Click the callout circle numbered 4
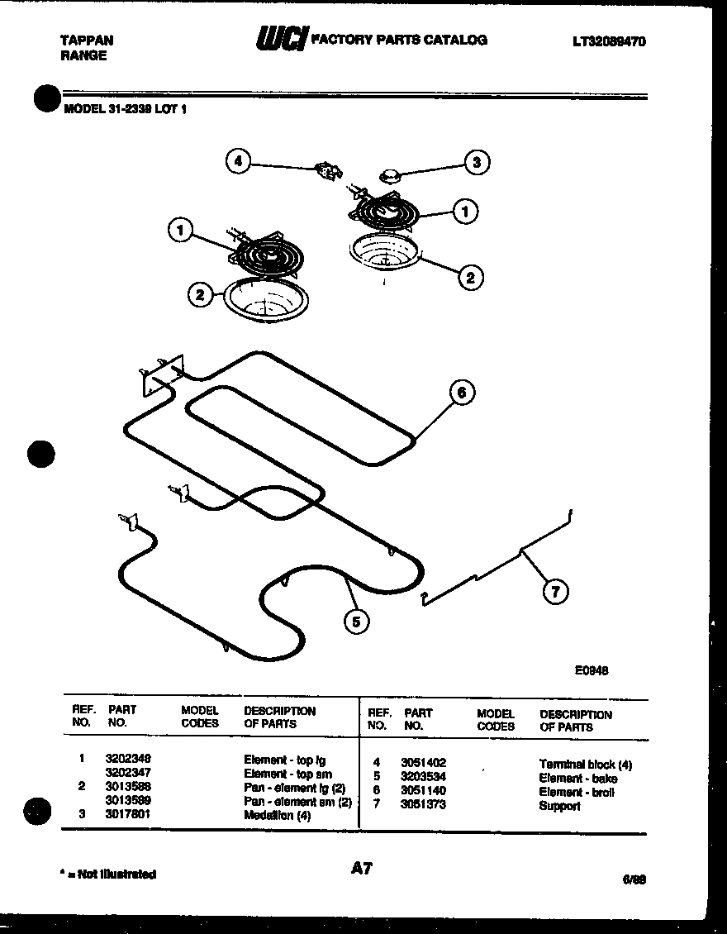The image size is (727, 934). (238, 161)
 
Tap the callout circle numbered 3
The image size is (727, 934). (476, 162)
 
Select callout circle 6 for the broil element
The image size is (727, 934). (462, 393)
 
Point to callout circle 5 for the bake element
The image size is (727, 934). (355, 622)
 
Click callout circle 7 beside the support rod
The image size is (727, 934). (555, 591)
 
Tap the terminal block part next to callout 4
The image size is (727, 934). (329, 172)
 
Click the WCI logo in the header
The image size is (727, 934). (281, 39)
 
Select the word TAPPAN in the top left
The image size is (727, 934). (87, 40)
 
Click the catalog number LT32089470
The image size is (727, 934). (607, 41)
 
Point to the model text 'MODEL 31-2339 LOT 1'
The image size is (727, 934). (125, 107)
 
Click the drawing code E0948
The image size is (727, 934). (592, 670)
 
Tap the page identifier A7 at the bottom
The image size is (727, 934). (361, 868)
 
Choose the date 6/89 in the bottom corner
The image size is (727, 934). (634, 879)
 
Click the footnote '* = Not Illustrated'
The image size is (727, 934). (107, 874)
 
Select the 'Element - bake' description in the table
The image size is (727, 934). (577, 779)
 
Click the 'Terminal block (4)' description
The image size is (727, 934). (585, 765)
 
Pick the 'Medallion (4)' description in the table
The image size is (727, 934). (277, 815)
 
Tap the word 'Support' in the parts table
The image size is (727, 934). (559, 806)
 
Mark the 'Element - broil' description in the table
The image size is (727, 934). (577, 792)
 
